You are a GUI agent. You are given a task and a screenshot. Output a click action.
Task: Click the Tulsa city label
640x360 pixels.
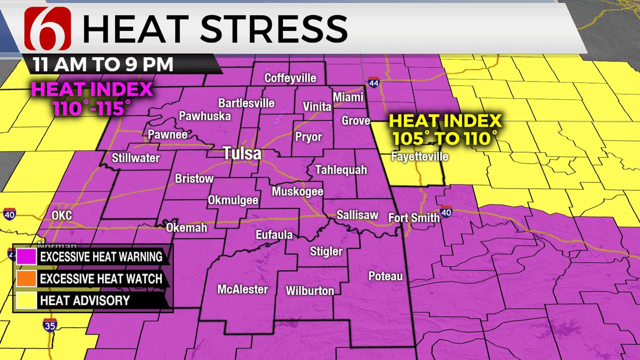pos(242,153)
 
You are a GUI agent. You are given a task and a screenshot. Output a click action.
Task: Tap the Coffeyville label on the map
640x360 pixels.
pos(290,78)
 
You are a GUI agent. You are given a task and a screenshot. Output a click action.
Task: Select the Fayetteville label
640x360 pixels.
pos(419,156)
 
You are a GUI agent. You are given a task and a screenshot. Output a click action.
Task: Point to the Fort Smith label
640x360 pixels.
pos(414,217)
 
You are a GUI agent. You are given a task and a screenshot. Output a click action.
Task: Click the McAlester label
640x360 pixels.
pos(242,289)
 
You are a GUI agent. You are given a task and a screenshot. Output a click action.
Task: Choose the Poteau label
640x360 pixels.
pos(385,275)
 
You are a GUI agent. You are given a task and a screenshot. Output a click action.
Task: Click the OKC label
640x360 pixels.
pos(61,216)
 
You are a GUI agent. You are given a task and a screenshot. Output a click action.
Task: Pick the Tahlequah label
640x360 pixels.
pos(341,170)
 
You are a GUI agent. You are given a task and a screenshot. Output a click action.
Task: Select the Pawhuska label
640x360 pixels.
pos(205,116)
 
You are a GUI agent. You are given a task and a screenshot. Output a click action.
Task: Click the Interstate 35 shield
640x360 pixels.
pos(50,324)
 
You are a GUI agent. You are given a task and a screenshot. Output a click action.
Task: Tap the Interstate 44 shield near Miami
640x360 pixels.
pos(373,82)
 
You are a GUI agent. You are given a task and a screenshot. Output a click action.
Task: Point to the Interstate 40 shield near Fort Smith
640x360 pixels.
pos(446,211)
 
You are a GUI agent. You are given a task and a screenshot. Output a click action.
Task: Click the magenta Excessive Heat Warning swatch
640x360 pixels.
pos(26,257)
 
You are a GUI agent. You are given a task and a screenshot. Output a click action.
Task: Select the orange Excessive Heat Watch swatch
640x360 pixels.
pos(26,278)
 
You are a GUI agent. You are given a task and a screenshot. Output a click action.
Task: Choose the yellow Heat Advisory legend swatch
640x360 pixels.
pos(26,300)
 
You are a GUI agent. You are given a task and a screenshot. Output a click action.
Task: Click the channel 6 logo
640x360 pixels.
pos(47,28)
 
